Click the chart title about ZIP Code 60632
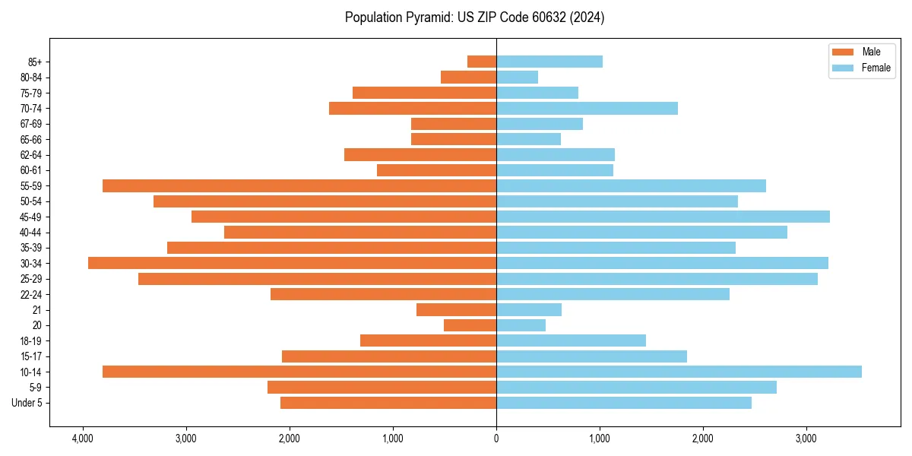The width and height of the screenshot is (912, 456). [474, 17]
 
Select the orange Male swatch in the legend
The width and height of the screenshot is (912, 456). [843, 52]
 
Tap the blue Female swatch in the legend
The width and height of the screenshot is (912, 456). [843, 68]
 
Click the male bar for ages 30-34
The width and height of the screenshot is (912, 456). [292, 263]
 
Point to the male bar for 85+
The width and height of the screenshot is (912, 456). [482, 62]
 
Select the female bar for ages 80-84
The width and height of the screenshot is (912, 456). [517, 77]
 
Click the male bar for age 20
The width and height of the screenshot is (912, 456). [470, 325]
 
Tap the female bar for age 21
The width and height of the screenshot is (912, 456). [529, 309]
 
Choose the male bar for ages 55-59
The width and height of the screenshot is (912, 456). [299, 185]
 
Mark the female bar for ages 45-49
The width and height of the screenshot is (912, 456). [663, 217]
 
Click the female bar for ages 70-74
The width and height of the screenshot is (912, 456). [587, 108]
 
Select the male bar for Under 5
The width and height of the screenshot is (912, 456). [388, 403]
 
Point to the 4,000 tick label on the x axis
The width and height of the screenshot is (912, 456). [82, 439]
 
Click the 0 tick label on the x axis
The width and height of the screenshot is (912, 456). [496, 439]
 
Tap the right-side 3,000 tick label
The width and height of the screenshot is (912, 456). [806, 439]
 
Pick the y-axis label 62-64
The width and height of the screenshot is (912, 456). [31, 154]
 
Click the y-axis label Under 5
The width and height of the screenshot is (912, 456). [27, 403]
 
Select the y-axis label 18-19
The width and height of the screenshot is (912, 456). [31, 340]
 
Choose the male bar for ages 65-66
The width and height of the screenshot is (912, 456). [454, 139]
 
